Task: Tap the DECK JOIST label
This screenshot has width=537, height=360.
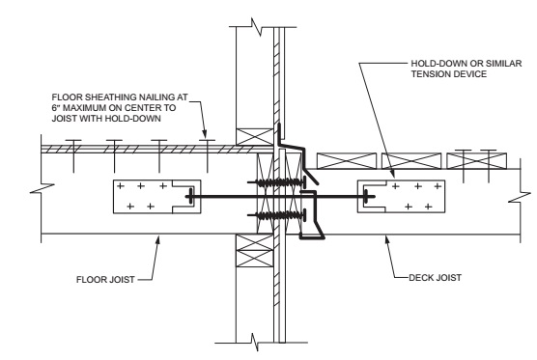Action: click(435, 277)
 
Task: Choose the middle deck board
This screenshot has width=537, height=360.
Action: click(410, 160)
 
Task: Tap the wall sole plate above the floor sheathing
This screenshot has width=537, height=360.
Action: click(253, 136)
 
